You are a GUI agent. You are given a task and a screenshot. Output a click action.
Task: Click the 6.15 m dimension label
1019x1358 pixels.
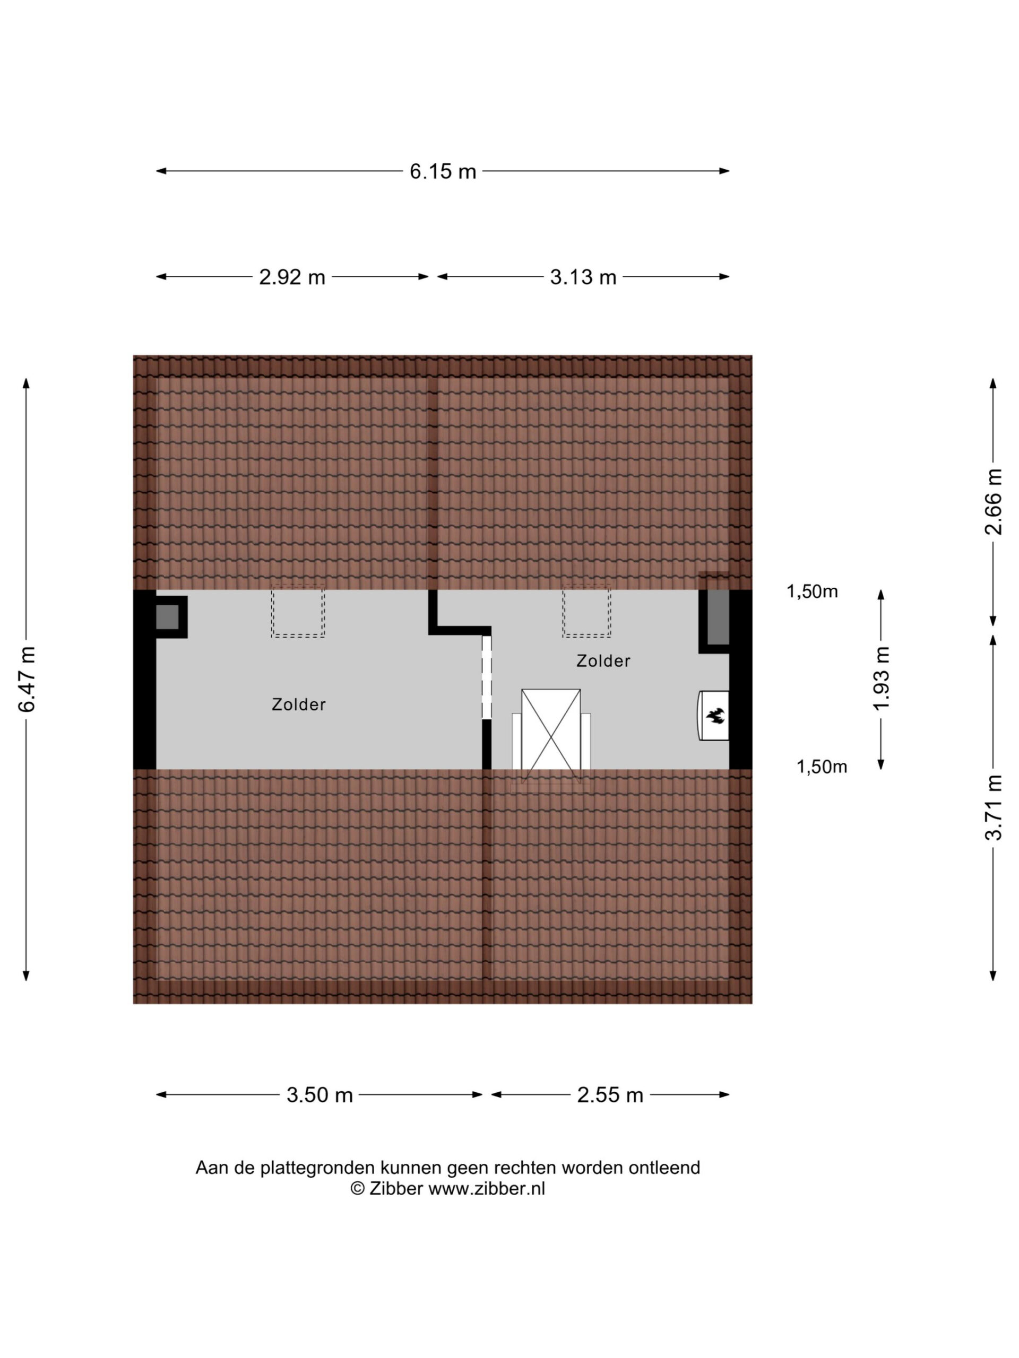443,171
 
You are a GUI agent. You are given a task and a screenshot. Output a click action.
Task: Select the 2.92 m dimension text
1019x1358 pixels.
292,277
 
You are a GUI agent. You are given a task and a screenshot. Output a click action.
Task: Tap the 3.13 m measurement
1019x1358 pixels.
583,277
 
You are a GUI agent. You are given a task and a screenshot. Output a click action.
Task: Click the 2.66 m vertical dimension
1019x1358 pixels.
993,502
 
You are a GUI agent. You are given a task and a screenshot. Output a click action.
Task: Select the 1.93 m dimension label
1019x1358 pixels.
882,678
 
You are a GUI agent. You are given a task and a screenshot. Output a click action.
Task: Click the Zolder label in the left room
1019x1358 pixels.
298,704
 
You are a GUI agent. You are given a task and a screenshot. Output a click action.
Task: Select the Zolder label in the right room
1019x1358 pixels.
603,660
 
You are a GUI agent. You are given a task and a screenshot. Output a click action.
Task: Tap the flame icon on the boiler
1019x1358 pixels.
715,715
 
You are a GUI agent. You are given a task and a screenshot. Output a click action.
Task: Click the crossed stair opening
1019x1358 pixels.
550,729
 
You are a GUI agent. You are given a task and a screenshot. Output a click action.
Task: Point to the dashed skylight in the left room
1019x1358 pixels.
298,611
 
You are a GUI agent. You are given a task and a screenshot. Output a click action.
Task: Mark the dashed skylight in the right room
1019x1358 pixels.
586,611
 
